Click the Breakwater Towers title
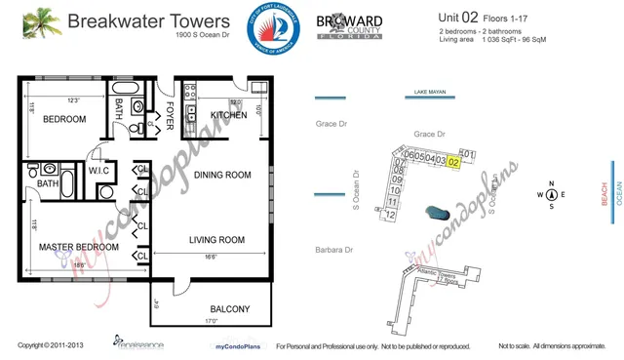pyautogui.click(x=152, y=21)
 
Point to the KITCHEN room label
pyautogui.click(x=227, y=116)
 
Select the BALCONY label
pyautogui.click(x=230, y=309)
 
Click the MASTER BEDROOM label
pyautogui.click(x=79, y=248)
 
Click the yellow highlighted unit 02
pyautogui.click(x=453, y=162)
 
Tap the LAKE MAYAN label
pyautogui.click(x=430, y=92)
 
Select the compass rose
pyautogui.click(x=551, y=195)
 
